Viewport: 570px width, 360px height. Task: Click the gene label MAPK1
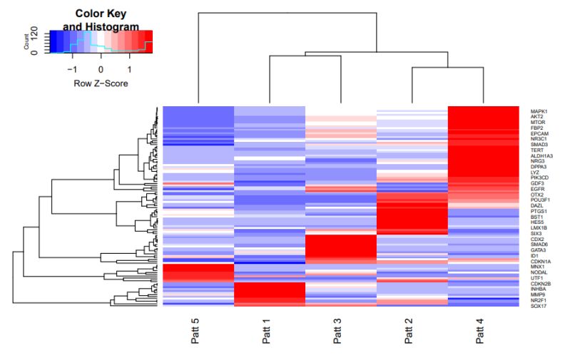click(x=539, y=112)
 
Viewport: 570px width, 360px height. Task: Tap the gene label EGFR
click(x=537, y=188)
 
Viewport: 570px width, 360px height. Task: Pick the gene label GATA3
click(x=538, y=250)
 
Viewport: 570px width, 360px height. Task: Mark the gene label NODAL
click(x=539, y=272)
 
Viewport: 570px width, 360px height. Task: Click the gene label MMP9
click(x=537, y=294)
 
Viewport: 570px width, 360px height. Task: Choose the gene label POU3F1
click(x=540, y=200)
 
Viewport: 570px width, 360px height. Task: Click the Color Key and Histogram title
click(x=101, y=20)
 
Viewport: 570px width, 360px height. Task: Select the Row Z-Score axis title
click(x=101, y=83)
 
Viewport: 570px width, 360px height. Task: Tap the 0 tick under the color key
click(x=101, y=70)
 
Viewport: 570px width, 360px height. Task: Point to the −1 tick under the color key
click(x=71, y=70)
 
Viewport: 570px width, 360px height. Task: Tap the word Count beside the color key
click(x=27, y=43)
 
